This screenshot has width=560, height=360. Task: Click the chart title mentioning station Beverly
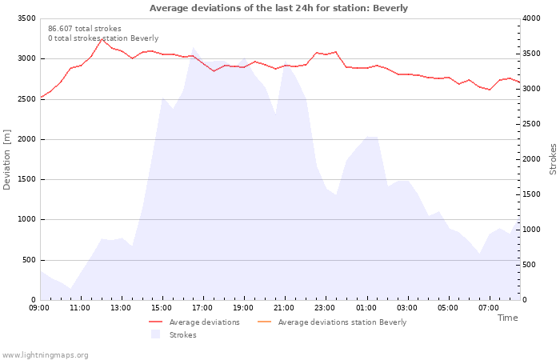[x=278, y=8]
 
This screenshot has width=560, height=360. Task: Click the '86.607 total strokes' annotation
[x=85, y=29]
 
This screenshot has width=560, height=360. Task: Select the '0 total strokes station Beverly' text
[x=103, y=38]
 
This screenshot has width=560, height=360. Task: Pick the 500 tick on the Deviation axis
[x=28, y=260]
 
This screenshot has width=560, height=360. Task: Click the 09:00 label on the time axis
[x=39, y=308]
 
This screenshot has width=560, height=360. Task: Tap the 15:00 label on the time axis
[x=162, y=308]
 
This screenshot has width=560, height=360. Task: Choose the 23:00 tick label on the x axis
[x=325, y=308]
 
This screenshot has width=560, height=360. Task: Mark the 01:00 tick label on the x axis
[x=366, y=308]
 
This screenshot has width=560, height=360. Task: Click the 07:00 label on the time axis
[x=488, y=308]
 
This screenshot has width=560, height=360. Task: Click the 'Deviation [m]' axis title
[x=7, y=159]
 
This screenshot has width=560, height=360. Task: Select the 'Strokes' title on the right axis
[x=553, y=159]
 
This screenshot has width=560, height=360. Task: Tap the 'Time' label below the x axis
[x=507, y=318]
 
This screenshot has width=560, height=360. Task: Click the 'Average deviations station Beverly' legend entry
[x=342, y=322]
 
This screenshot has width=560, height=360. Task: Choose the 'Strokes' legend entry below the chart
[x=182, y=335]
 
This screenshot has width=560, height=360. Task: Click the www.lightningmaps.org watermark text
[x=45, y=355]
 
